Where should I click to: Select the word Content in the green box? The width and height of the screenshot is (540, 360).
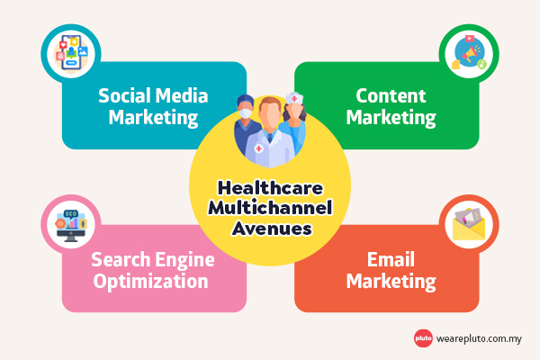tap(391, 94)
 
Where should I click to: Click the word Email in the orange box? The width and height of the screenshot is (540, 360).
tap(391, 260)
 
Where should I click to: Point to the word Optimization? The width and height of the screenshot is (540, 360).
tap(150, 281)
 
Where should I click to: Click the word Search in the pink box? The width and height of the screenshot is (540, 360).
tap(120, 260)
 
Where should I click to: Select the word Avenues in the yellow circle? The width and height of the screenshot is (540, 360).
tap(270, 229)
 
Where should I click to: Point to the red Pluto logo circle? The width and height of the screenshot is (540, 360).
tap(423, 338)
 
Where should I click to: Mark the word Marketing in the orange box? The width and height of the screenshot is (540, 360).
tap(391, 281)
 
